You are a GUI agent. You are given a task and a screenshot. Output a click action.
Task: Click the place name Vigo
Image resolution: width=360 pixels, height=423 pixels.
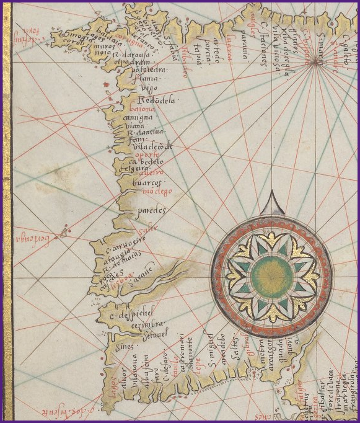click(144, 89)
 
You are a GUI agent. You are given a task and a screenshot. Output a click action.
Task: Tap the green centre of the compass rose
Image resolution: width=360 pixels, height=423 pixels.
click(273, 273)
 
